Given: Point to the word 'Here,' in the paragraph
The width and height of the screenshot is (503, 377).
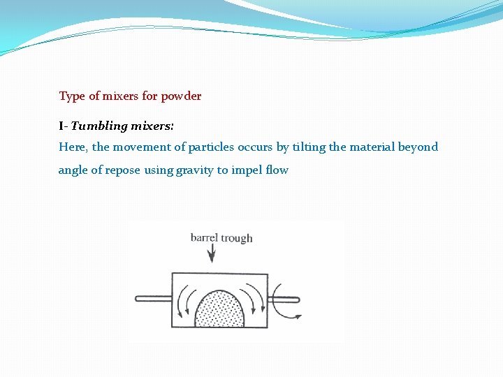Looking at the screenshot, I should (73, 147).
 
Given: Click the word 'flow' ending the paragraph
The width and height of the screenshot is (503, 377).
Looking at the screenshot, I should (277, 170).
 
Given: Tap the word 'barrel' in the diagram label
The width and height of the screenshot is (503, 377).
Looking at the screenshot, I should (203, 238).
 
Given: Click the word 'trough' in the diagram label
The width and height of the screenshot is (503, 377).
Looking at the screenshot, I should (237, 238).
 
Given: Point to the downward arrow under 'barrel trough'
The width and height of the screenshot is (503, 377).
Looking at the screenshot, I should (211, 254).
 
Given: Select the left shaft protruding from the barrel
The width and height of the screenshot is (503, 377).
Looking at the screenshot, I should (153, 300).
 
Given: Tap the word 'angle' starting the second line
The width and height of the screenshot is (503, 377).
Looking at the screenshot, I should (73, 170).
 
